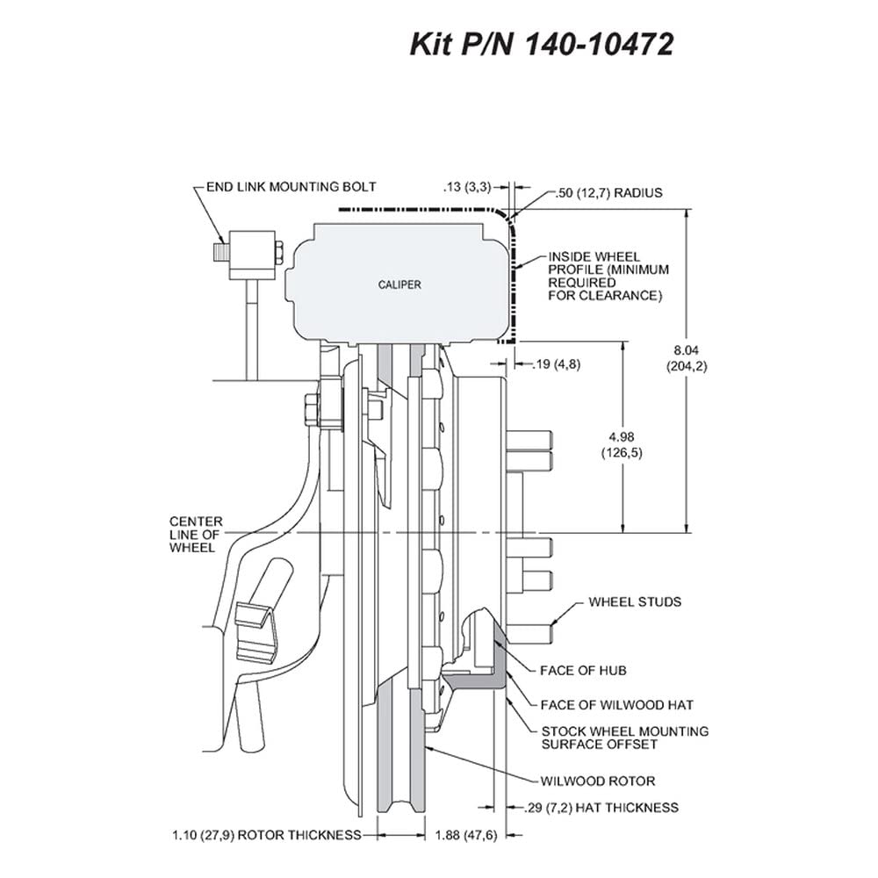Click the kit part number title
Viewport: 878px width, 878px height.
click(542, 44)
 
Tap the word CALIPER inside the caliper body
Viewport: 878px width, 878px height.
click(399, 285)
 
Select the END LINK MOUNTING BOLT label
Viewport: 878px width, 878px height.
click(291, 187)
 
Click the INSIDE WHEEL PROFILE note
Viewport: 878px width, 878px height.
click(608, 276)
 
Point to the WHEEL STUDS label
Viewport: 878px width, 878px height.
click(635, 602)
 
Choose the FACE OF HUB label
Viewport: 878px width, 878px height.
click(583, 670)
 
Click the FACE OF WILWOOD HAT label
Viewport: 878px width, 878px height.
click(616, 705)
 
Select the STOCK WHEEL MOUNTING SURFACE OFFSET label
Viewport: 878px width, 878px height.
click(625, 738)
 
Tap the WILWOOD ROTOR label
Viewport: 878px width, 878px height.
click(597, 781)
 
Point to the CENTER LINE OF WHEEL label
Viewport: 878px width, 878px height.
click(196, 535)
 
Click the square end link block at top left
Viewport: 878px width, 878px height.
click(252, 255)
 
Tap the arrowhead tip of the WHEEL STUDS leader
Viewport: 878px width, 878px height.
click(551, 623)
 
